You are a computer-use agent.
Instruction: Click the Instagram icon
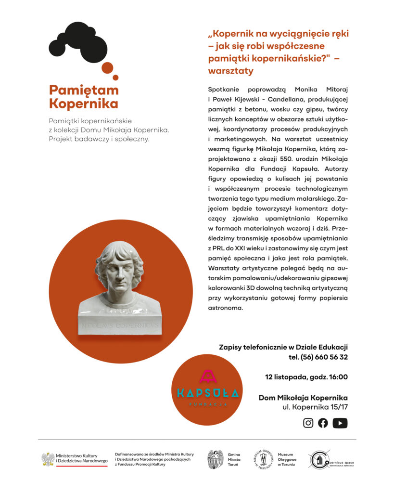click(308, 423)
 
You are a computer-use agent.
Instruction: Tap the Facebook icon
click(323, 423)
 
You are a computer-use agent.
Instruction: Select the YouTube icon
click(340, 423)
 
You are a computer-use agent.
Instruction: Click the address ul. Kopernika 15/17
click(315, 407)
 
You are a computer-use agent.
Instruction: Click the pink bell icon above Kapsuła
click(207, 375)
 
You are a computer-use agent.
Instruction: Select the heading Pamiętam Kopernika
click(84, 97)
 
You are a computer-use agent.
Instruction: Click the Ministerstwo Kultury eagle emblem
click(48, 459)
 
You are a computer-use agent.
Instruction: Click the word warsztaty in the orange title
click(230, 71)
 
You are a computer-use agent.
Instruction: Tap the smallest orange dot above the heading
click(115, 78)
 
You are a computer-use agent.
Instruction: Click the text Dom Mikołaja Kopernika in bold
click(303, 398)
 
